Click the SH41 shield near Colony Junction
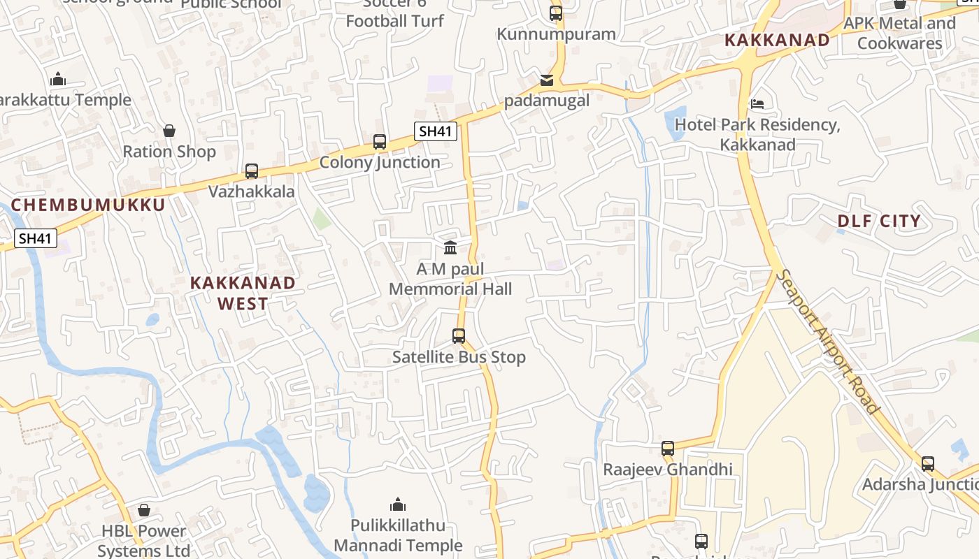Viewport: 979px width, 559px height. click(436, 131)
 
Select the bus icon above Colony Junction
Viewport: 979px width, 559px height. click(380, 142)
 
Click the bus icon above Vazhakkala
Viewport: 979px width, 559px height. click(252, 170)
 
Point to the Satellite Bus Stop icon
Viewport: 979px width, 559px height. click(459, 336)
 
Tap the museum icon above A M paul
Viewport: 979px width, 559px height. click(450, 248)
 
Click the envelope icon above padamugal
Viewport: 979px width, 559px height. click(547, 80)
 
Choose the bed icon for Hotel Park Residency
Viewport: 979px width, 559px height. click(757, 105)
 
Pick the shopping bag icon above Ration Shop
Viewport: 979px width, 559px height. click(169, 131)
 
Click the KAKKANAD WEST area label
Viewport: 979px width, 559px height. click(243, 293)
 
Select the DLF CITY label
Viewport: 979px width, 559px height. click(880, 222)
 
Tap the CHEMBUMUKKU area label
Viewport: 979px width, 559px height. click(88, 205)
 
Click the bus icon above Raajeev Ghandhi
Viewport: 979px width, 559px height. click(668, 448)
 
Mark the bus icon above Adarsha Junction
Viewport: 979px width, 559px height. click(928, 463)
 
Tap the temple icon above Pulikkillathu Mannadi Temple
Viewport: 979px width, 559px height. click(398, 504)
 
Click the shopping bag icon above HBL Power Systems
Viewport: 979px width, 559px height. click(144, 510)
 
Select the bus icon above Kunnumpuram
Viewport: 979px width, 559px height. click(556, 13)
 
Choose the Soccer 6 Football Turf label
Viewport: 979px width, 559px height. click(395, 13)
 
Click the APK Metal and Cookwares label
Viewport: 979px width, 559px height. click(900, 33)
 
